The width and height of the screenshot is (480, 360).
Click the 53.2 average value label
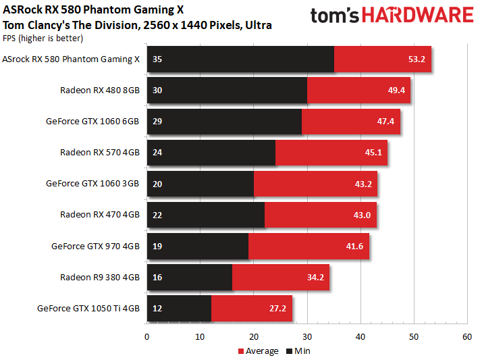pos(417,59)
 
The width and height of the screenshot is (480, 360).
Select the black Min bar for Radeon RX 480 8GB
pos(227,90)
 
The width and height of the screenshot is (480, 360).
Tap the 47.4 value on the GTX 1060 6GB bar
pos(385,122)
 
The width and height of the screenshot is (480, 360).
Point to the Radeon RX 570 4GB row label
pos(100,152)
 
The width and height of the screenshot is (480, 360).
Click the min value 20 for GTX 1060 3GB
pos(157,184)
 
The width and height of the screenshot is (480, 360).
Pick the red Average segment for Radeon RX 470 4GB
pos(321,215)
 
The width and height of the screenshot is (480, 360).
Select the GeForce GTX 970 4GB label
pos(95,246)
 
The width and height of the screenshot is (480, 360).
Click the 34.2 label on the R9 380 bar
pos(315,278)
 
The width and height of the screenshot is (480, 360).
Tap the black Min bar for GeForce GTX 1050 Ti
pos(179,308)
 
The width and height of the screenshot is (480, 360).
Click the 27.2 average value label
pos(277,308)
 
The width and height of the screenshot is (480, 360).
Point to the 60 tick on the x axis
pos(467,337)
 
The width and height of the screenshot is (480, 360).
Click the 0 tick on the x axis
pos(147,337)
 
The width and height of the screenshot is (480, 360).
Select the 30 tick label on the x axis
pos(307,337)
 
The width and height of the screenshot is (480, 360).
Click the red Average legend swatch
pos(241,351)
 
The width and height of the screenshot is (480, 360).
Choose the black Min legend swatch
pos(289,351)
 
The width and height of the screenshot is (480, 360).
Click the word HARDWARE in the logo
pos(418,16)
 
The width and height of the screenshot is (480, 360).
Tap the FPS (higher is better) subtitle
pos(43,38)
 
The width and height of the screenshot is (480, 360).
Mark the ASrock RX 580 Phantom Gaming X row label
pos(71,59)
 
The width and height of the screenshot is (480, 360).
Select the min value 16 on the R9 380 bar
pos(157,278)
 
